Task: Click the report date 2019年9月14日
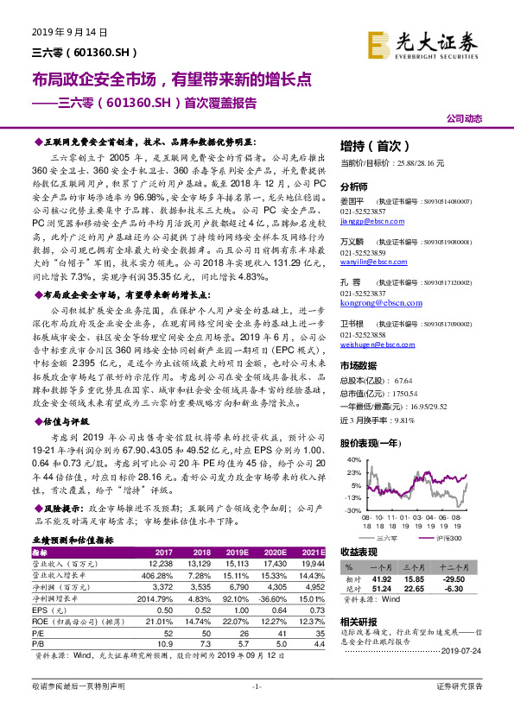pyautogui.click(x=62, y=32)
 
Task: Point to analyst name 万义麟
pyautogui.click(x=352, y=243)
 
